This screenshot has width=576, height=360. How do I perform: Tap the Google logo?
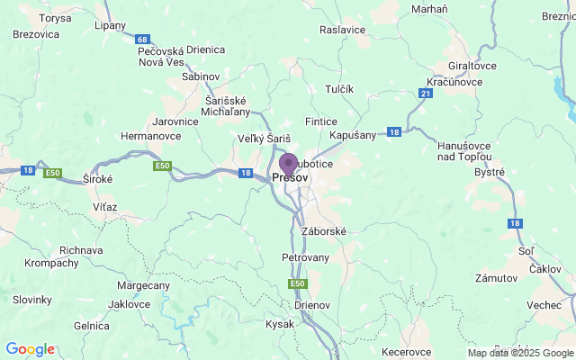click(x=30, y=349)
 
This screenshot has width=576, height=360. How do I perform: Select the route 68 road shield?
click(x=143, y=40)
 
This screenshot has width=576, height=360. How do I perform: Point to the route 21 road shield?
click(x=424, y=94)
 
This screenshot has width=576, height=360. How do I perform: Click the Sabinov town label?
click(x=200, y=76)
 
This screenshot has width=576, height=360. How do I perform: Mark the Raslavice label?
click(x=343, y=29)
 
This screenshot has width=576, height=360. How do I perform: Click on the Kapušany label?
click(x=352, y=134)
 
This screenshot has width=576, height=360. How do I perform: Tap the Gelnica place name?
click(x=92, y=326)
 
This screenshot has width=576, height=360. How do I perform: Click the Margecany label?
click(x=143, y=285)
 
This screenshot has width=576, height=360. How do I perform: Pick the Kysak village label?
click(x=280, y=323)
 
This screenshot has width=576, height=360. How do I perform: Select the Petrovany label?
click(x=306, y=257)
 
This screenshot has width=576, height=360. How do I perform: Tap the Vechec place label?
click(x=544, y=305)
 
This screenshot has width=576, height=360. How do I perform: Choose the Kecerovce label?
click(x=407, y=351)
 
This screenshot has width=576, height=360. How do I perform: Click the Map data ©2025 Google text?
click(x=519, y=353)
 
